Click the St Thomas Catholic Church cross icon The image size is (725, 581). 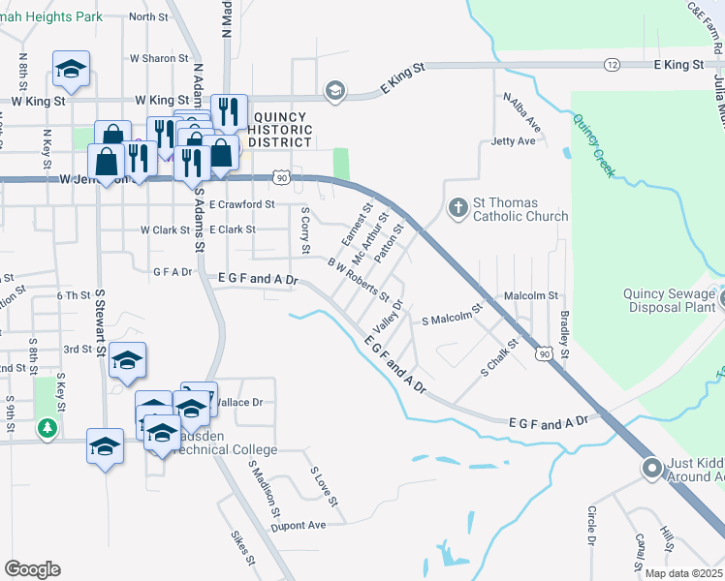click(x=457, y=207)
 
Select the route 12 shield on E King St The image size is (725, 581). click(x=612, y=64)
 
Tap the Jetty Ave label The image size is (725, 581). click(x=513, y=141)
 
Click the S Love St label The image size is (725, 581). click(x=323, y=487)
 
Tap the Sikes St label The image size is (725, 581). click(x=242, y=548)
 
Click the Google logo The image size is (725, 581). click(x=32, y=569)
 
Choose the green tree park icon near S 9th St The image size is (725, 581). click(x=46, y=427)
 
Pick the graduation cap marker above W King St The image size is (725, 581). click(x=71, y=70)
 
